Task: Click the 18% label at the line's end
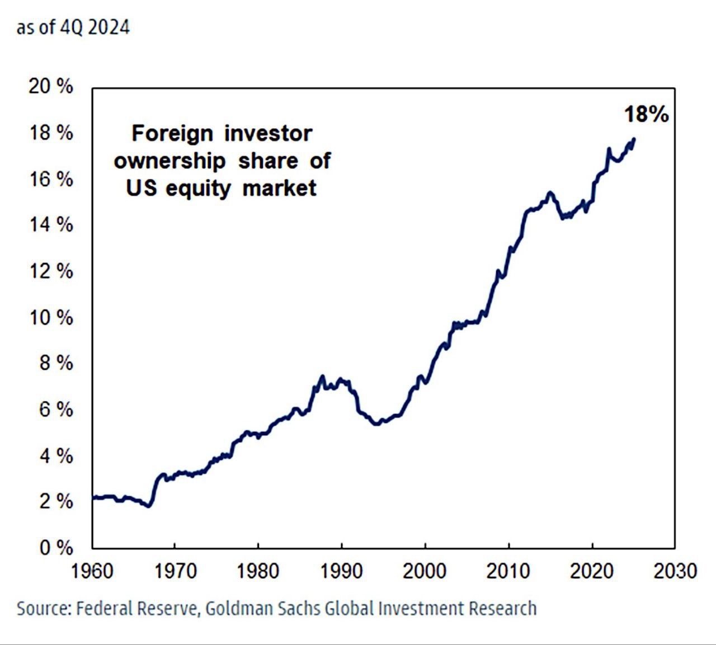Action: pos(646,114)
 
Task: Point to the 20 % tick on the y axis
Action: pos(51,86)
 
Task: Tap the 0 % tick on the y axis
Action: pos(56,547)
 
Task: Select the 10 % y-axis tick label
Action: pos(51,317)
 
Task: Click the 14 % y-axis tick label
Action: pos(51,224)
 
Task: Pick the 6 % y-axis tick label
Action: pos(56,409)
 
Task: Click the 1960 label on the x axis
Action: pos(92,571)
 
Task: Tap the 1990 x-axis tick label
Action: pos(341,571)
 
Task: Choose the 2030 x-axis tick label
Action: pos(675,571)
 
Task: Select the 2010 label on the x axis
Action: pos(508,571)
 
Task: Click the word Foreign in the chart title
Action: pos(172,133)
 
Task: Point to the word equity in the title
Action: pos(199,189)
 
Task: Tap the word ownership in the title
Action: pos(169,161)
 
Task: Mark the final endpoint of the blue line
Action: pos(634,139)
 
